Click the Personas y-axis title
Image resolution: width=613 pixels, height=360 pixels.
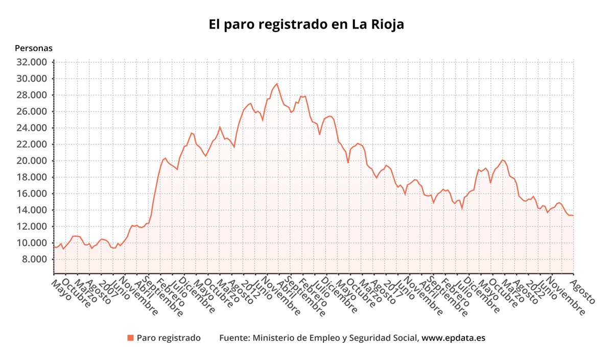(34, 48)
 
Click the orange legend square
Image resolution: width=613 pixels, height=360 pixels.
(130, 338)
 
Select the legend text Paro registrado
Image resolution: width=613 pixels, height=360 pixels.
(169, 338)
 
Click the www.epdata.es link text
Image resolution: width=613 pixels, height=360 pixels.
(453, 338)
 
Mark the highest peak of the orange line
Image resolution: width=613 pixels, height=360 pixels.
(277, 84)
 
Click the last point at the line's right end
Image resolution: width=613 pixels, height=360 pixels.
(573, 215)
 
